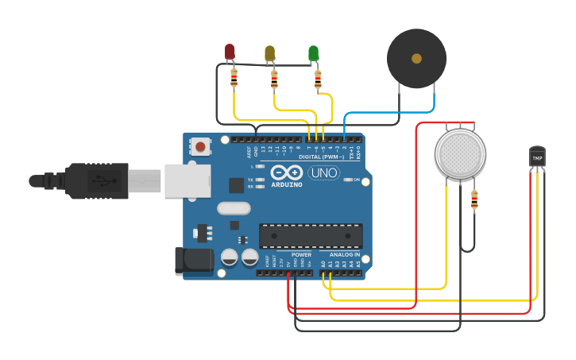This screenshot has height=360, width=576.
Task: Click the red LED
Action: [230, 52]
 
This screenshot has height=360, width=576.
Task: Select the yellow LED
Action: [269, 53]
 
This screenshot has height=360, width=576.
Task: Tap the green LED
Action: [313, 53]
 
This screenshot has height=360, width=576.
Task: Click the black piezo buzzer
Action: [416, 58]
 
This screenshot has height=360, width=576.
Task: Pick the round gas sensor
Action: [460, 154]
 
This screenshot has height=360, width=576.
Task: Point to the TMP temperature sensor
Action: [538, 157]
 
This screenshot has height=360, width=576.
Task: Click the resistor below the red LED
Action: [234, 78]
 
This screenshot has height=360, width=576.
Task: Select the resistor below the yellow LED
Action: [274, 79]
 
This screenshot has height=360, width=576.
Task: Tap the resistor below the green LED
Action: [318, 79]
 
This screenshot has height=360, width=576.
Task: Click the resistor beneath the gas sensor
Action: [474, 200]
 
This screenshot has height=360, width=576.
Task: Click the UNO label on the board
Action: [323, 172]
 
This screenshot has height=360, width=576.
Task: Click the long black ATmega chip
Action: [311, 236]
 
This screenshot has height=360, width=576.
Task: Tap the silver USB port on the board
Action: [187, 180]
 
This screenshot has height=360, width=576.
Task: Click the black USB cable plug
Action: [95, 180]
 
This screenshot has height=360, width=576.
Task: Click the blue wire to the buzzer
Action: [373, 114]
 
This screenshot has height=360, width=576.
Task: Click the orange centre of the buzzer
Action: [416, 58]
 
